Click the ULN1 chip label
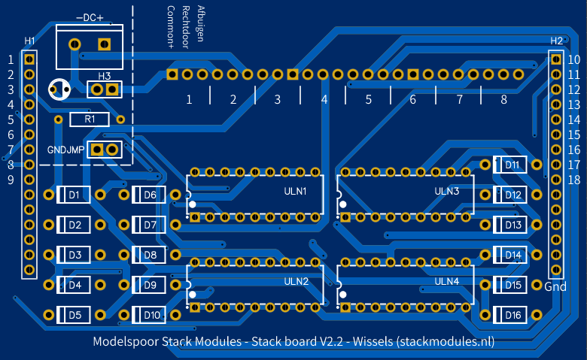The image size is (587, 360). click(x=295, y=192)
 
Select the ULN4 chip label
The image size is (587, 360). click(x=447, y=281)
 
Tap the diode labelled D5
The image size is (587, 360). click(x=75, y=315)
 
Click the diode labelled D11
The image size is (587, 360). click(x=512, y=165)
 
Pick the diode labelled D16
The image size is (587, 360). click(x=512, y=315)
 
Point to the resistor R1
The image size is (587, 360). click(x=90, y=119)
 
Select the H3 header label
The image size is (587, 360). click(x=104, y=77)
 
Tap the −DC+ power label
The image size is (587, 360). click(x=90, y=17)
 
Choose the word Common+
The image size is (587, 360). click(x=171, y=27)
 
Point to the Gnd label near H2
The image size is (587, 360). click(x=555, y=286)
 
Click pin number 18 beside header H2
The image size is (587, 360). click(x=573, y=180)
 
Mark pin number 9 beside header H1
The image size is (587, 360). click(x=11, y=180)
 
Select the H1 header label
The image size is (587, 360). click(x=29, y=40)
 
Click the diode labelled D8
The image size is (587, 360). click(x=150, y=255)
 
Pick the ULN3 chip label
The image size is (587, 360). click(x=447, y=191)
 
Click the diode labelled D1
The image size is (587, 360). click(x=75, y=195)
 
